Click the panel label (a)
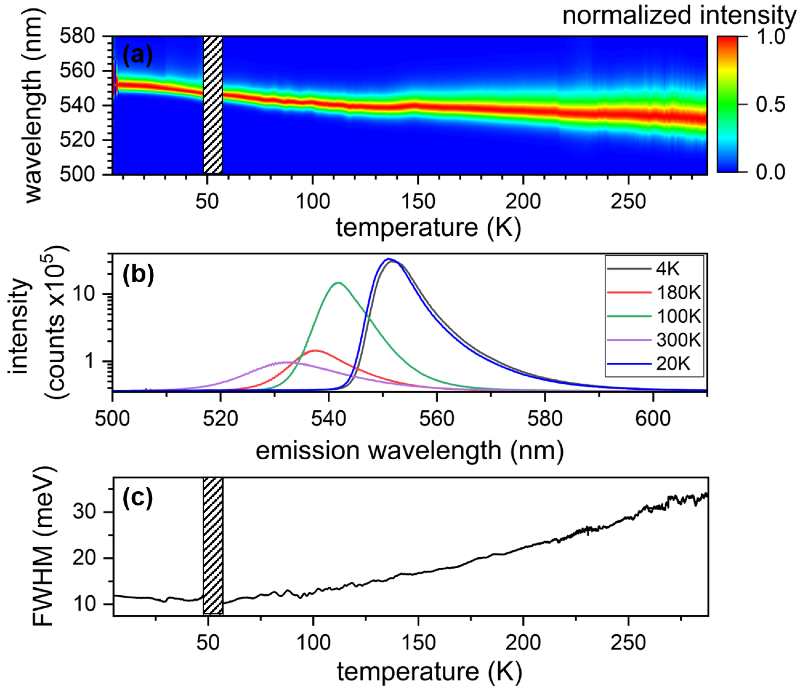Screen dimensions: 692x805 138,55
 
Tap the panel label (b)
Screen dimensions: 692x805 138,274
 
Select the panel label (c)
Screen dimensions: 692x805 138,498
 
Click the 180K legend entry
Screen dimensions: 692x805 678,292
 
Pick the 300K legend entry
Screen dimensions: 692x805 678,340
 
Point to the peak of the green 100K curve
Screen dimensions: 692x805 338,283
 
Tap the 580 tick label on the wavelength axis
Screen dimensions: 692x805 78,36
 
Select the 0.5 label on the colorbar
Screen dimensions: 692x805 771,105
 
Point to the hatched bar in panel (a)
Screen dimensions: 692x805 213,105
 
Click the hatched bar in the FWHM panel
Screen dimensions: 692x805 213,546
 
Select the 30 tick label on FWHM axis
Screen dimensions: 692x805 84,512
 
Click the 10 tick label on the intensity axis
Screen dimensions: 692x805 84,294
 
